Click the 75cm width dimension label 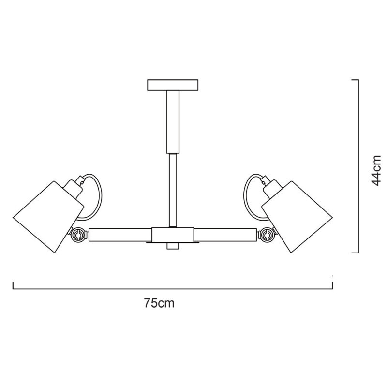[159, 303]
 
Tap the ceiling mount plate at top [173, 85]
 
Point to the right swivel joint [267, 235]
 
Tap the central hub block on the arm [173, 235]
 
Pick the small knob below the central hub [173, 246]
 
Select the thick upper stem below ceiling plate [173, 121]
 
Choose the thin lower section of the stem [173, 189]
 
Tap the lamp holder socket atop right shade [272, 186]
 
